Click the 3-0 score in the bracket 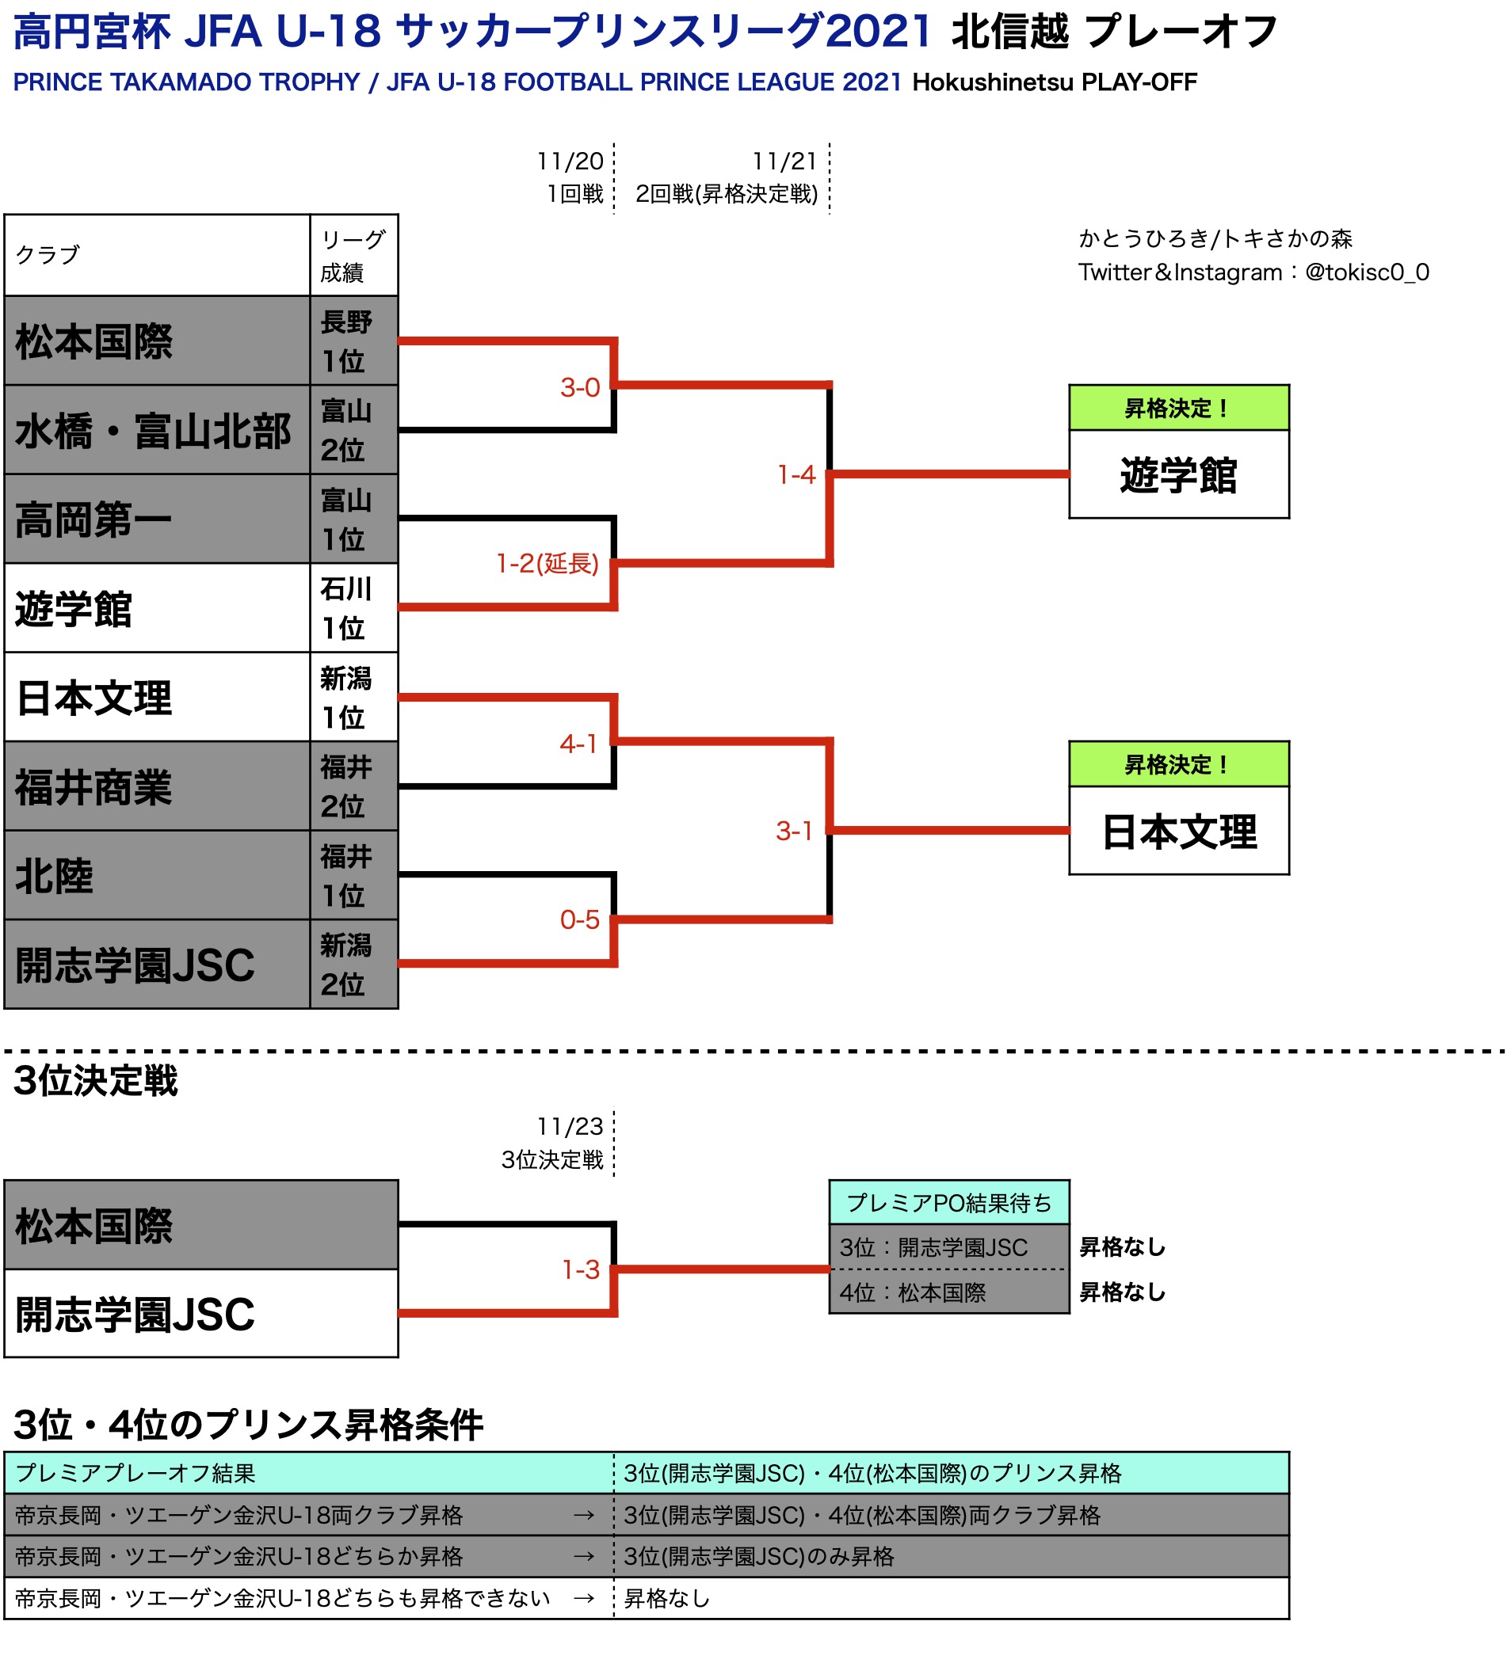579,387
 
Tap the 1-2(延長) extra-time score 547,563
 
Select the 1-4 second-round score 795,474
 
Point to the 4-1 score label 578,744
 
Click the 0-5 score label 579,919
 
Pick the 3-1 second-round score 794,831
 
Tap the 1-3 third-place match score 580,1269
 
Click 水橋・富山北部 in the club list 154,431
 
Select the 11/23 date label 570,1126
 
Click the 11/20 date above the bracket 570,161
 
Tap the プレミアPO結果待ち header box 948,1203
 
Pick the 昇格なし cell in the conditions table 666,1599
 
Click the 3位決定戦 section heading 96,1081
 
